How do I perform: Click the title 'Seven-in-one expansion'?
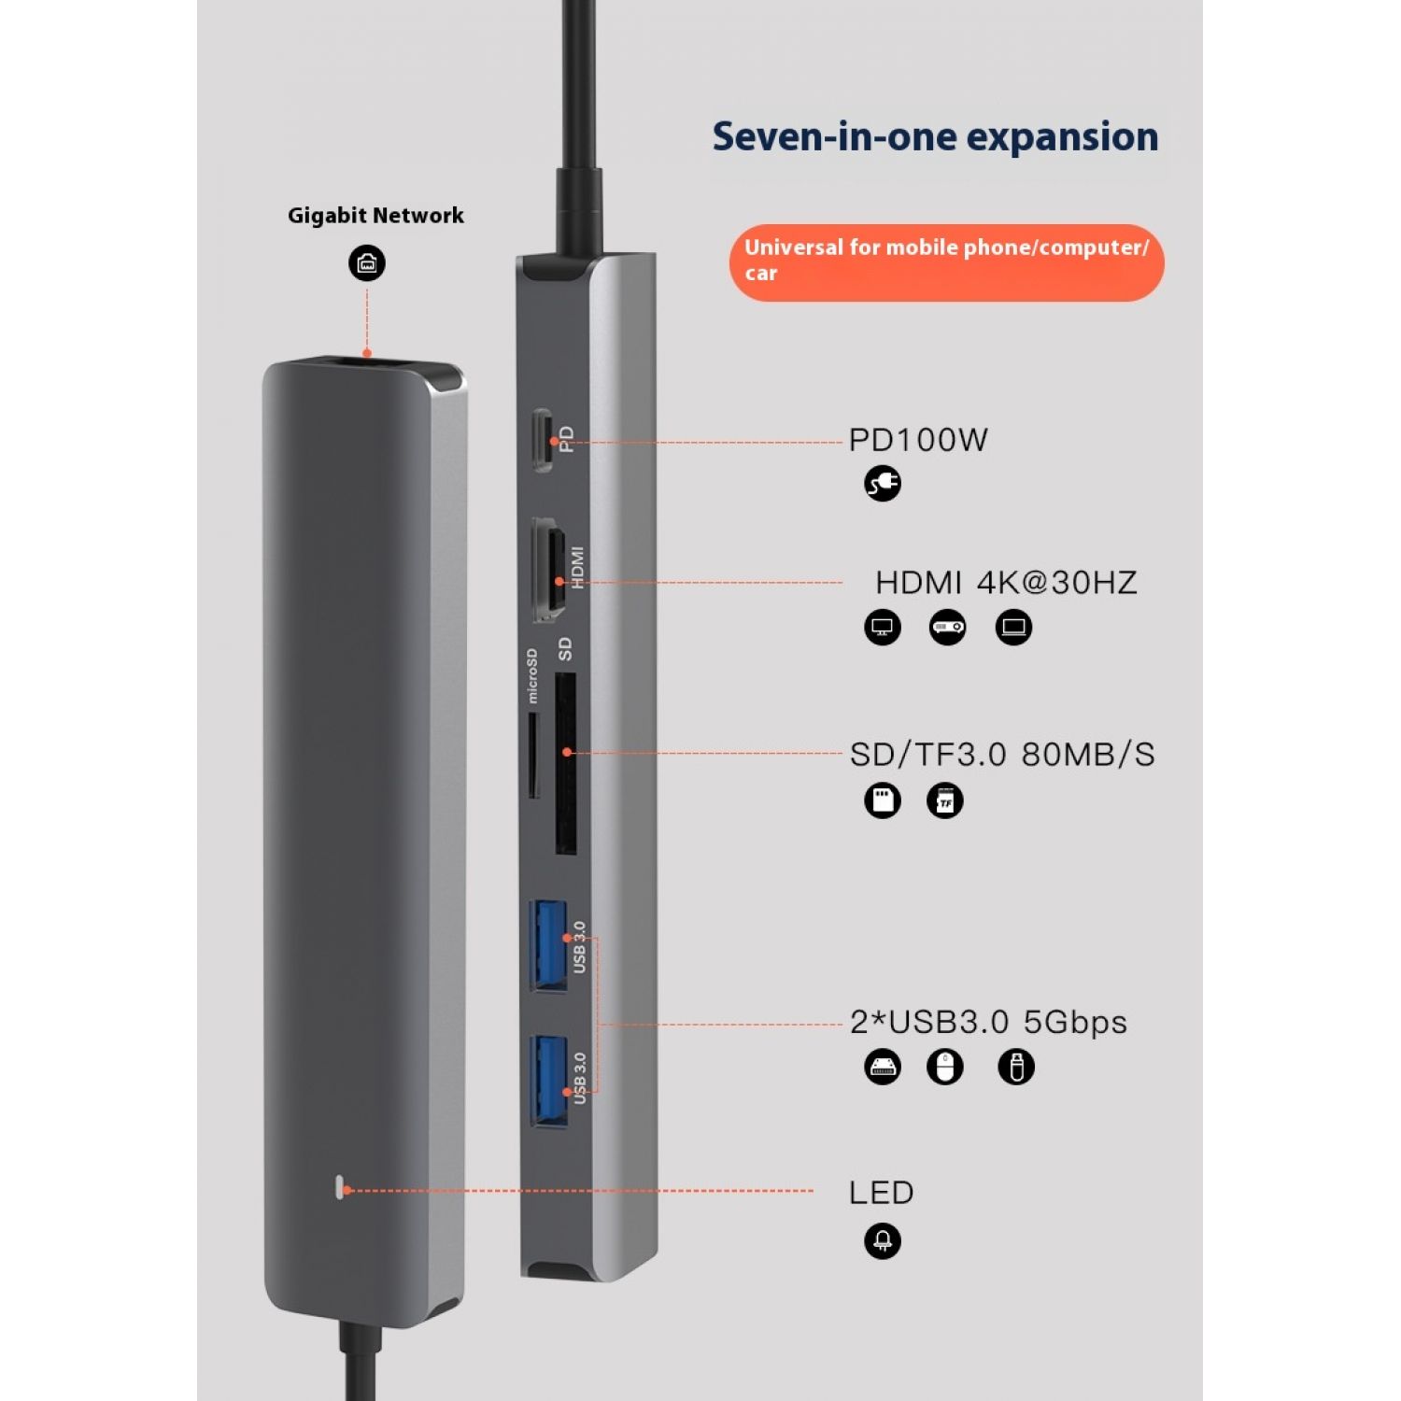point(935,136)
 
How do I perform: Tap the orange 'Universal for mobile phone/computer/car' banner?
point(946,262)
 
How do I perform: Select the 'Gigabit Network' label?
point(375,216)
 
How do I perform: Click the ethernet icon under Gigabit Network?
point(367,263)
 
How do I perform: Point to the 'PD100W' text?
point(918,440)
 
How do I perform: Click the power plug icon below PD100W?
point(883,483)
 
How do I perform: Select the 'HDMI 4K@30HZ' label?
point(1006,583)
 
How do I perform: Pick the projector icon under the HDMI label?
point(947,627)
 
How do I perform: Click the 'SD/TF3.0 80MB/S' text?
point(1002,755)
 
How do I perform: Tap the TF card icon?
point(944,800)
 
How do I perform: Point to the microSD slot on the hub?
point(533,756)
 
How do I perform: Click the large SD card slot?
point(565,765)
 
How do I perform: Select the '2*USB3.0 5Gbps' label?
point(988,1022)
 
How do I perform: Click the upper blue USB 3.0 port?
point(549,944)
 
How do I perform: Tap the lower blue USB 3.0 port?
point(549,1080)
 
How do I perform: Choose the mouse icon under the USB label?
point(944,1067)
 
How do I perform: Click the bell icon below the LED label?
point(883,1241)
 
